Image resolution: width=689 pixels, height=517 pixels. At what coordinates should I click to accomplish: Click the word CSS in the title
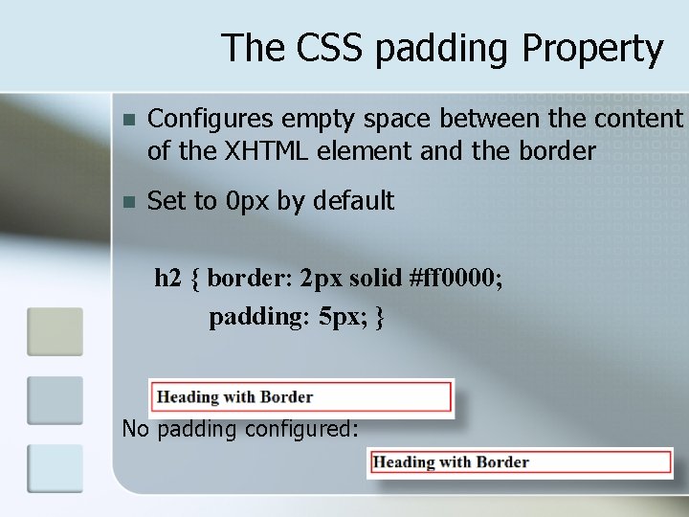pos(323,48)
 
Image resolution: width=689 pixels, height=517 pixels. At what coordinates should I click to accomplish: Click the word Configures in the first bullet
pos(210,119)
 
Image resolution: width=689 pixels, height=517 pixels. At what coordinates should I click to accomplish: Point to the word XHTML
pos(261,150)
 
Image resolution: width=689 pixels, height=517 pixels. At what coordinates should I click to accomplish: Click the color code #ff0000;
pos(456,279)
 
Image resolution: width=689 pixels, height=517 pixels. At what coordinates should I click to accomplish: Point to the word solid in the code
pos(375,279)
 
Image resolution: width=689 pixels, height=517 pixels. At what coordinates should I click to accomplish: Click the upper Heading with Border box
pos(300,396)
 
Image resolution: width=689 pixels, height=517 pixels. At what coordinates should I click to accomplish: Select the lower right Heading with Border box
pos(520,462)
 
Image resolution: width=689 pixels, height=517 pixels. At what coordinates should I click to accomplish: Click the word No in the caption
pos(136,429)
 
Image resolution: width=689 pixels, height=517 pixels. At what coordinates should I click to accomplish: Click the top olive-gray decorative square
pos(55,331)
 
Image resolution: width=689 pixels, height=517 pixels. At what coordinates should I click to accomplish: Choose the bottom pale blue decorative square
pos(55,469)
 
